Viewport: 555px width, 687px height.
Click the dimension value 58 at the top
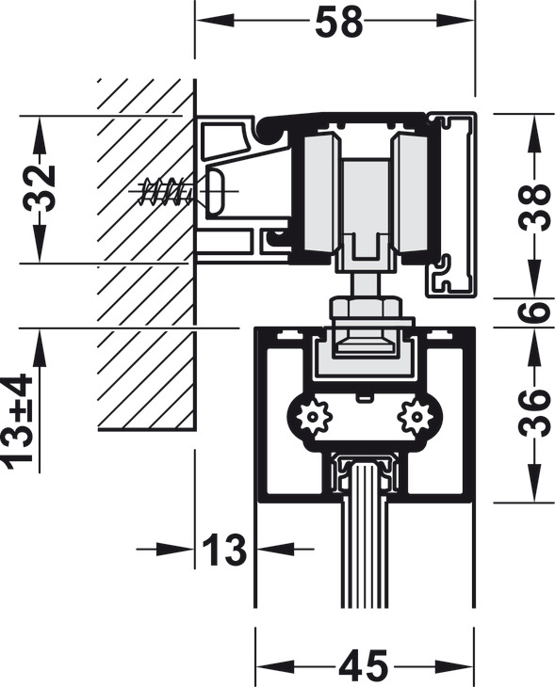[x=338, y=22]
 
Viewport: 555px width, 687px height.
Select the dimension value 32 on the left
[x=41, y=188]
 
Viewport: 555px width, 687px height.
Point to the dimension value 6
[x=534, y=312]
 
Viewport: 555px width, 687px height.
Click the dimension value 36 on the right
[x=534, y=413]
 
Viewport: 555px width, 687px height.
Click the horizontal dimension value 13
[x=224, y=549]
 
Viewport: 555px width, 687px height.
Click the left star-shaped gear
[x=312, y=417]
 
